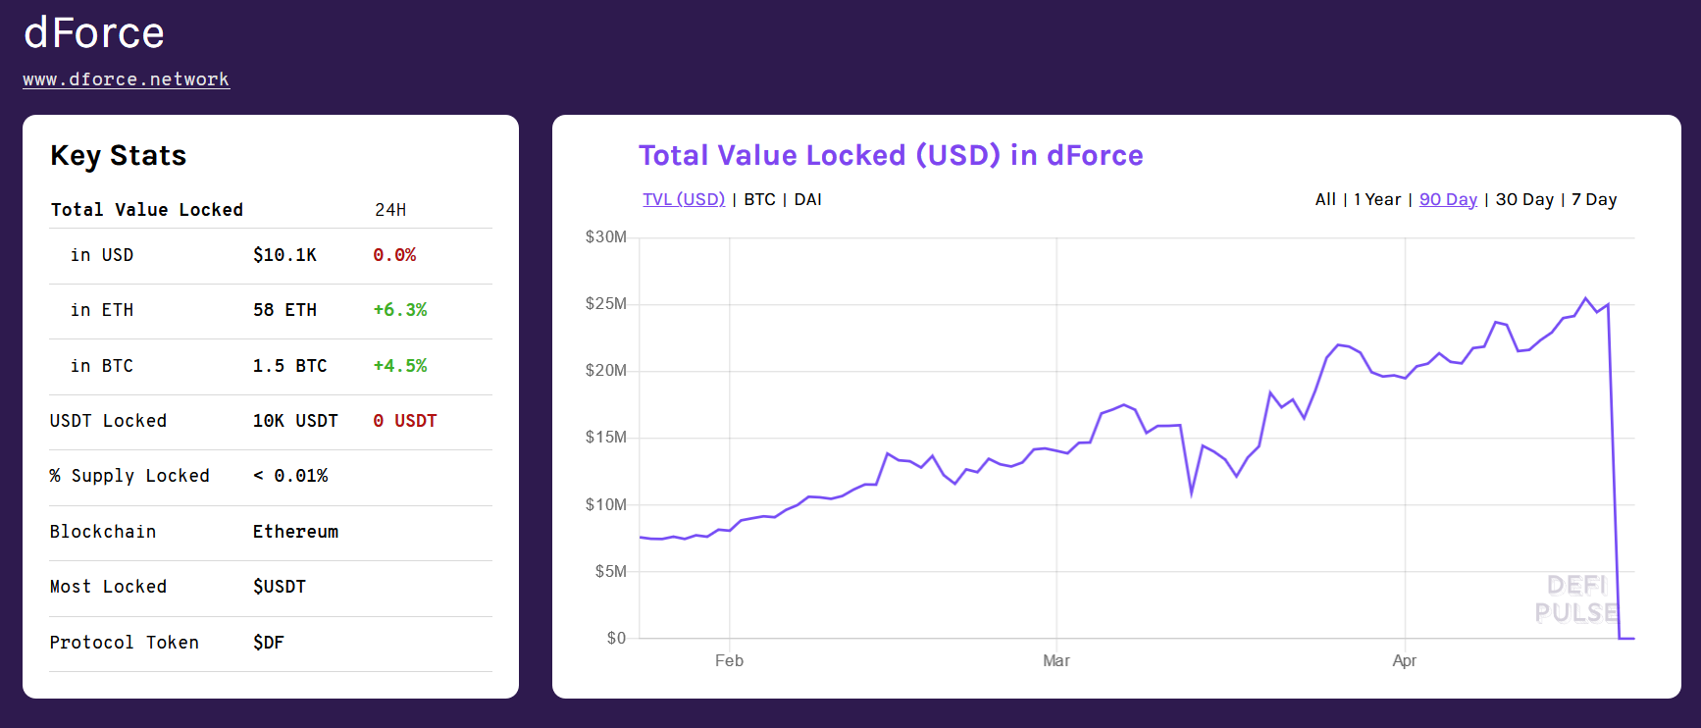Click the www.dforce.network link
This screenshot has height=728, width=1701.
tap(126, 79)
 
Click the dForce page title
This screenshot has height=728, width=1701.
tap(94, 33)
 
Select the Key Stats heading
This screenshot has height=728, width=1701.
tap(118, 156)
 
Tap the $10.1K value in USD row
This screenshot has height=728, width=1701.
tap(284, 255)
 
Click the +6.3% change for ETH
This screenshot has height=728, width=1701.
tap(399, 310)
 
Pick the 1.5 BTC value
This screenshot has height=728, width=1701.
tap(289, 366)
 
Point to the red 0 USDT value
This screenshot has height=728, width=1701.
tap(404, 421)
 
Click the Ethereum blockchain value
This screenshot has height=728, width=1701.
tap(295, 532)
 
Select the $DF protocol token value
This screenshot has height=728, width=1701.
tap(268, 643)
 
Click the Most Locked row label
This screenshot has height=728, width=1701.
tap(108, 587)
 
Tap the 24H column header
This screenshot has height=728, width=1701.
tap(390, 210)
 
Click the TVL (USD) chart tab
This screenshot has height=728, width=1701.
tap(684, 199)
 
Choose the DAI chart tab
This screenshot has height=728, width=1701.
tap(807, 199)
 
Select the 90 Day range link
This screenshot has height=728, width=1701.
tap(1448, 199)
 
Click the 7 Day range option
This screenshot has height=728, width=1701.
tap(1594, 199)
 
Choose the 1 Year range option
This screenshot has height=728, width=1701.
tap(1377, 199)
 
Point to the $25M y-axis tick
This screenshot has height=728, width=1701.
tap(605, 304)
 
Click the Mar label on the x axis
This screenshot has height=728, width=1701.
tap(1056, 661)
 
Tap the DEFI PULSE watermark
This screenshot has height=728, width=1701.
tap(1575, 598)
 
